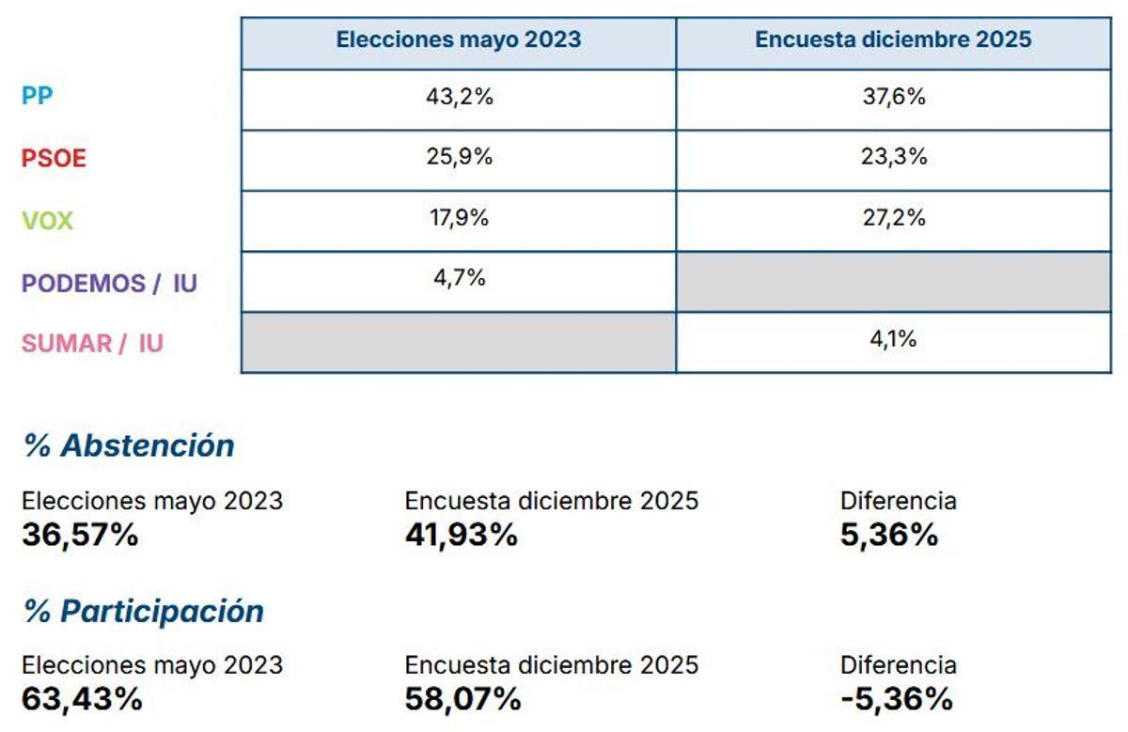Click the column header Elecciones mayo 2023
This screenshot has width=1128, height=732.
coord(459,40)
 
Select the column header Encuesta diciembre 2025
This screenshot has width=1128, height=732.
coord(893,40)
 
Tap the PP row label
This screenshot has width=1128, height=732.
coord(37,97)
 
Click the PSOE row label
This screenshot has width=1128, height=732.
coord(54,158)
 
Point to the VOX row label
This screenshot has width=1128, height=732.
coord(47,221)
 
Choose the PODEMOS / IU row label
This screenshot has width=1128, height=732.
coord(109,283)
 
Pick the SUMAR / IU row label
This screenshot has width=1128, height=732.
coord(92,343)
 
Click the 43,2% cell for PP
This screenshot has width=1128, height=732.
coord(459,97)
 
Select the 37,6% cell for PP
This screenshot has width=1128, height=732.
coord(893,97)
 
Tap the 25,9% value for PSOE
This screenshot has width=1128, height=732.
coord(459,157)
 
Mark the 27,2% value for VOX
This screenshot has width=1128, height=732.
coord(893,218)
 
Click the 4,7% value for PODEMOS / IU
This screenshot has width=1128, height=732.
coord(459,277)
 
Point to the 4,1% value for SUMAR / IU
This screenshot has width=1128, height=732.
coord(893,339)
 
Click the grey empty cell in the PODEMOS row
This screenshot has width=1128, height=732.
coord(893,282)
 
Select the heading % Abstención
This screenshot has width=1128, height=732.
coord(129,445)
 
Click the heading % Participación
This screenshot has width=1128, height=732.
coord(144,611)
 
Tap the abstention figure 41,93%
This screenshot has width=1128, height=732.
coord(461,535)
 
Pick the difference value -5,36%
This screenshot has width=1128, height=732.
coord(897,699)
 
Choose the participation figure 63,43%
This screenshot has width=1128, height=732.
coord(82,699)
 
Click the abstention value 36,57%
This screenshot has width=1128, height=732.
coord(80,535)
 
